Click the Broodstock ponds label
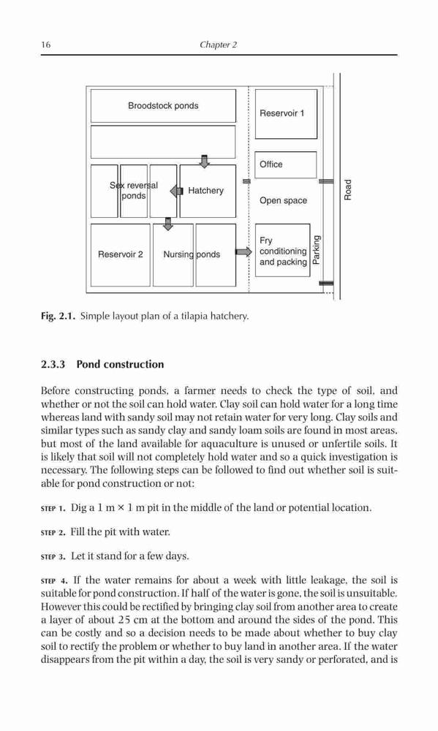pyautogui.click(x=163, y=106)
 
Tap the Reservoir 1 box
pyautogui.click(x=286, y=114)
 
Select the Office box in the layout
pyautogui.click(x=286, y=164)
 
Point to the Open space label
pyautogui.click(x=283, y=200)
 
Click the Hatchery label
pyautogui.click(x=205, y=191)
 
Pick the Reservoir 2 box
pyautogui.click(x=121, y=255)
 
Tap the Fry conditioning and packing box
pyautogui.click(x=283, y=250)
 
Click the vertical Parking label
pyautogui.click(x=316, y=250)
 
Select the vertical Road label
pyautogui.click(x=347, y=190)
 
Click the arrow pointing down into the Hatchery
pyautogui.click(x=204, y=161)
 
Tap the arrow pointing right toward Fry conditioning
pyautogui.click(x=243, y=252)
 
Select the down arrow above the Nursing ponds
pyautogui.click(x=168, y=224)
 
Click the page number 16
pyautogui.click(x=46, y=45)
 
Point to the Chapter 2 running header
pyautogui.click(x=219, y=45)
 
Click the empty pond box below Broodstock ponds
pyautogui.click(x=163, y=142)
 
